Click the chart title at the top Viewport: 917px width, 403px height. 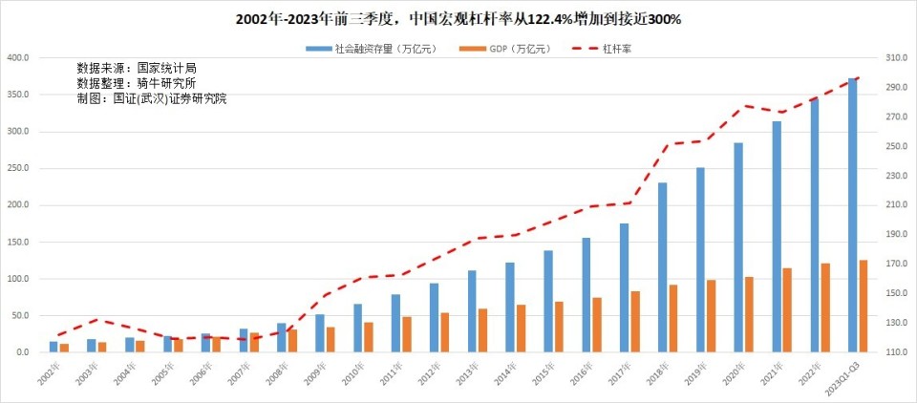pyautogui.click(x=458, y=18)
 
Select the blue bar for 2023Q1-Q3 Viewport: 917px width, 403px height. pyautogui.click(x=852, y=215)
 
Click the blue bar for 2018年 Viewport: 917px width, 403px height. pyautogui.click(x=662, y=267)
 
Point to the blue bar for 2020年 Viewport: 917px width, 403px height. pyautogui.click(x=738, y=247)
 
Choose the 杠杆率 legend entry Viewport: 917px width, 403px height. pyautogui.click(x=608, y=49)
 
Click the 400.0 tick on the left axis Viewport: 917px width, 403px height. pyautogui.click(x=19, y=57)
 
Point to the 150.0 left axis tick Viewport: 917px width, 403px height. pyautogui.click(x=19, y=242)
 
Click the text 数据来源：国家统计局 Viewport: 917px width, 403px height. pyautogui.click(x=137, y=69)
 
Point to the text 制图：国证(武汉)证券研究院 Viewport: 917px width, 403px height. pyautogui.click(x=152, y=98)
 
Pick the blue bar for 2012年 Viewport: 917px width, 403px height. pyautogui.click(x=434, y=317)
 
